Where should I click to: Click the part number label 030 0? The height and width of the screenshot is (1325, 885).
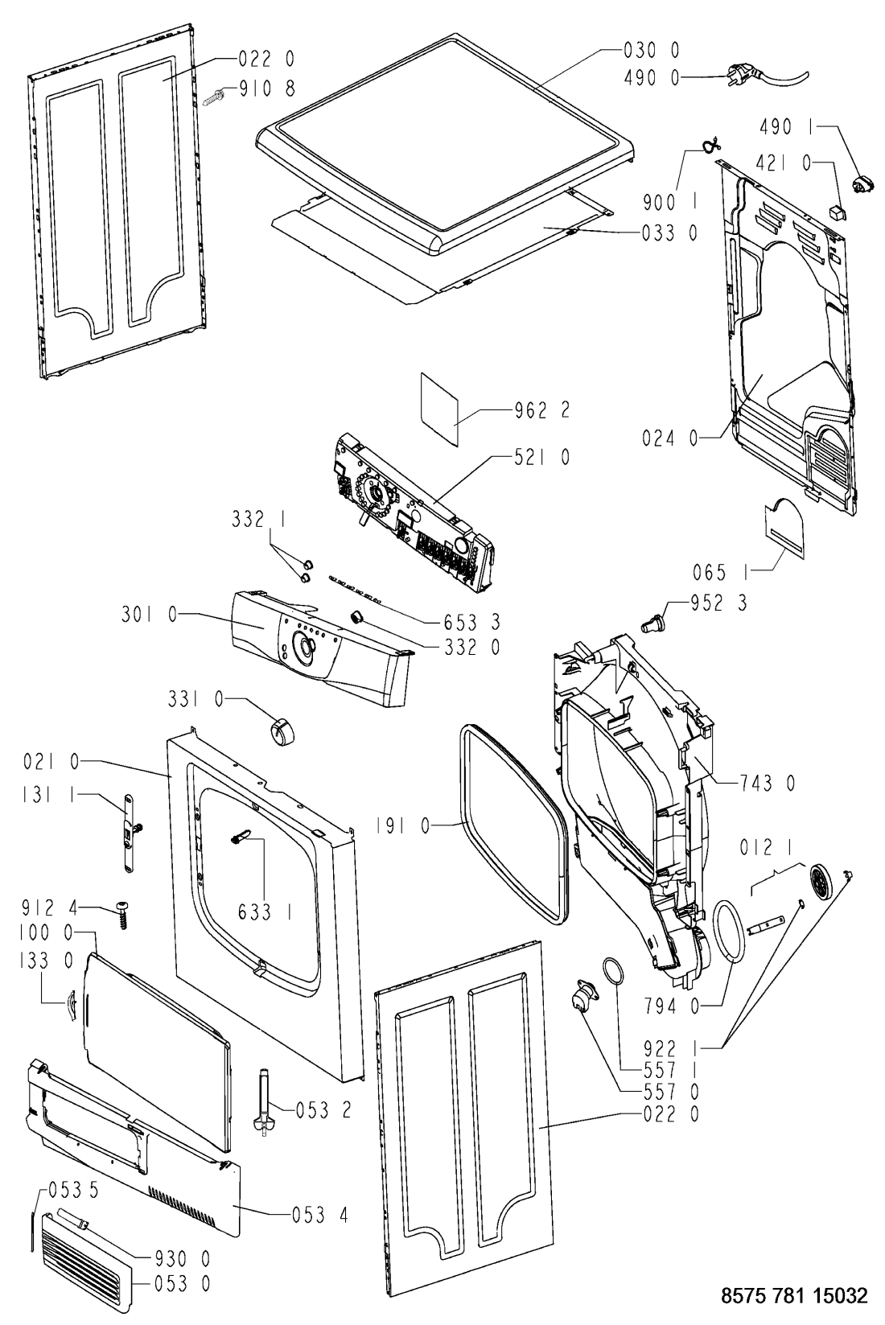[651, 51]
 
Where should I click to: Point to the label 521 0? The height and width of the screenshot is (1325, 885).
[541, 457]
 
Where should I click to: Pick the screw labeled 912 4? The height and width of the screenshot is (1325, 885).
[123, 913]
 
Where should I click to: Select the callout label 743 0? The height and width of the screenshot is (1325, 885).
[767, 782]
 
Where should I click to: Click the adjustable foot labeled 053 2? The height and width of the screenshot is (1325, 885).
[263, 1101]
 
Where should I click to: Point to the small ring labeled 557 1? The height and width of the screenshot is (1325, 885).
[612, 971]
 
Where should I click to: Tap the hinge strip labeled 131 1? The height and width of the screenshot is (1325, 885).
[129, 832]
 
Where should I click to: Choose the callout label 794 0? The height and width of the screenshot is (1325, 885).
[670, 1004]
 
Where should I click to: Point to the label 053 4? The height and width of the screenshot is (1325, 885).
[319, 1214]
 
